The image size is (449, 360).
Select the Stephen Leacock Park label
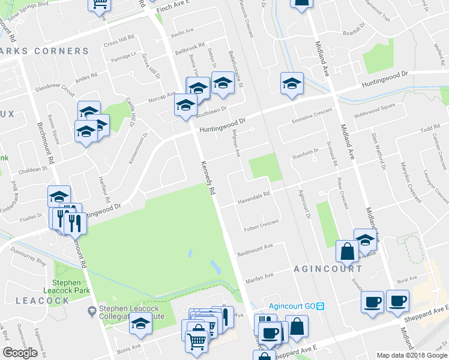[x=71, y=287]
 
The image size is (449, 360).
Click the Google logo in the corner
[x=20, y=353]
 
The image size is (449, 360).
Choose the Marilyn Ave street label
[x=259, y=275]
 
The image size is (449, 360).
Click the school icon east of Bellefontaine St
[x=291, y=84]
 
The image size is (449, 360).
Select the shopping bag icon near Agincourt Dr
[x=347, y=251]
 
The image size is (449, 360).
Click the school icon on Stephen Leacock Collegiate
[x=140, y=323]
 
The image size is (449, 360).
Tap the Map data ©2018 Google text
[x=411, y=355]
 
